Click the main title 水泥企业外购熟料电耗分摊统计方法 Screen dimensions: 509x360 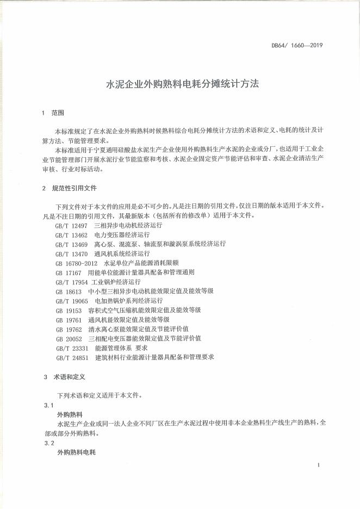(x=182, y=85)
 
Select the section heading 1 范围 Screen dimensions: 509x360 (x=53, y=114)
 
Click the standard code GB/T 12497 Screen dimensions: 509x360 (x=71, y=225)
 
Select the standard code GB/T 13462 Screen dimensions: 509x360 (x=71, y=234)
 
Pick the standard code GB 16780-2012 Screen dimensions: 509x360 (x=76, y=263)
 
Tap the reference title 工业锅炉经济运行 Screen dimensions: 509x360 (x=115, y=282)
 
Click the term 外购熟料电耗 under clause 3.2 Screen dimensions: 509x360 (x=76, y=452)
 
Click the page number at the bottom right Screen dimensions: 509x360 (x=318, y=465)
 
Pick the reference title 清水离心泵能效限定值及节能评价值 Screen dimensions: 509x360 (x=138, y=329)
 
